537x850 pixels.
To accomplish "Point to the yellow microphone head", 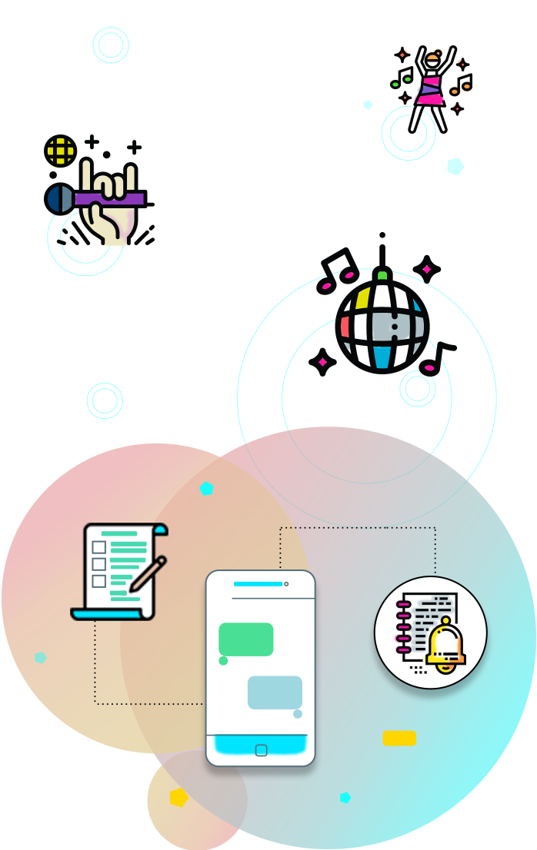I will point(61,151).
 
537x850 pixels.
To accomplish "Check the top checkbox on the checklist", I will point(99,547).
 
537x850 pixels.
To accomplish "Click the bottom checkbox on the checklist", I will point(99,582).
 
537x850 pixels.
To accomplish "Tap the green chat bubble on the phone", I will point(246,639).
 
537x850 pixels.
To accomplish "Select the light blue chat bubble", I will point(275,692).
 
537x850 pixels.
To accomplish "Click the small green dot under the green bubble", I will point(223,661).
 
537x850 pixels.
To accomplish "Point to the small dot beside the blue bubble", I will point(298,714).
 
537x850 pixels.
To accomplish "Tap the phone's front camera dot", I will point(286,584).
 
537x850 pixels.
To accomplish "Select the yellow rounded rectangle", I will point(399,739).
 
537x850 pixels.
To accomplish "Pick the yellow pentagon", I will point(179,798).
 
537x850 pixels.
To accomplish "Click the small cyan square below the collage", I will point(105,400).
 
